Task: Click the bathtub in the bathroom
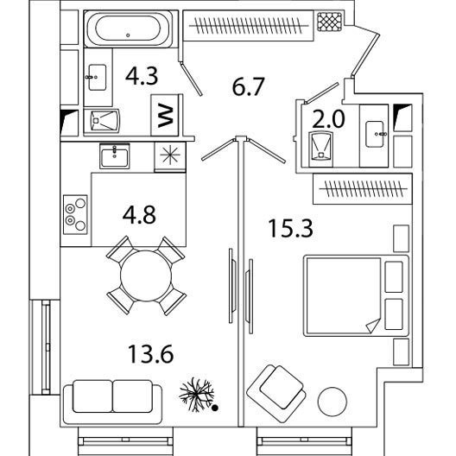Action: point(128,28)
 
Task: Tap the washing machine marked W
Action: point(165,115)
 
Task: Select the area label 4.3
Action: point(142,76)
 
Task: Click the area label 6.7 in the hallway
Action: point(248,86)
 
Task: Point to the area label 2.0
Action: point(328,119)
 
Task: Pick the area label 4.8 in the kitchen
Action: point(139,215)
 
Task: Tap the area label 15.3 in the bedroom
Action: point(290,228)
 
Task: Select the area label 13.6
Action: point(150,354)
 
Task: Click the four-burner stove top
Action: point(75,215)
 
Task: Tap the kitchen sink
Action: point(115,156)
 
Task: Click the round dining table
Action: point(146,275)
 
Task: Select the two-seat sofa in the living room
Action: point(112,402)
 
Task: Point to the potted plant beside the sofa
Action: point(197,395)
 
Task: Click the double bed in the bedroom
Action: point(356,295)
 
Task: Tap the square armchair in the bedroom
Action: point(276,393)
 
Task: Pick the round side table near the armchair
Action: point(332,402)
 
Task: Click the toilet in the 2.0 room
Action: point(320,149)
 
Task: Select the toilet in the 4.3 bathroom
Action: point(102,121)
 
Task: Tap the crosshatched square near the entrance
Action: point(330,22)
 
